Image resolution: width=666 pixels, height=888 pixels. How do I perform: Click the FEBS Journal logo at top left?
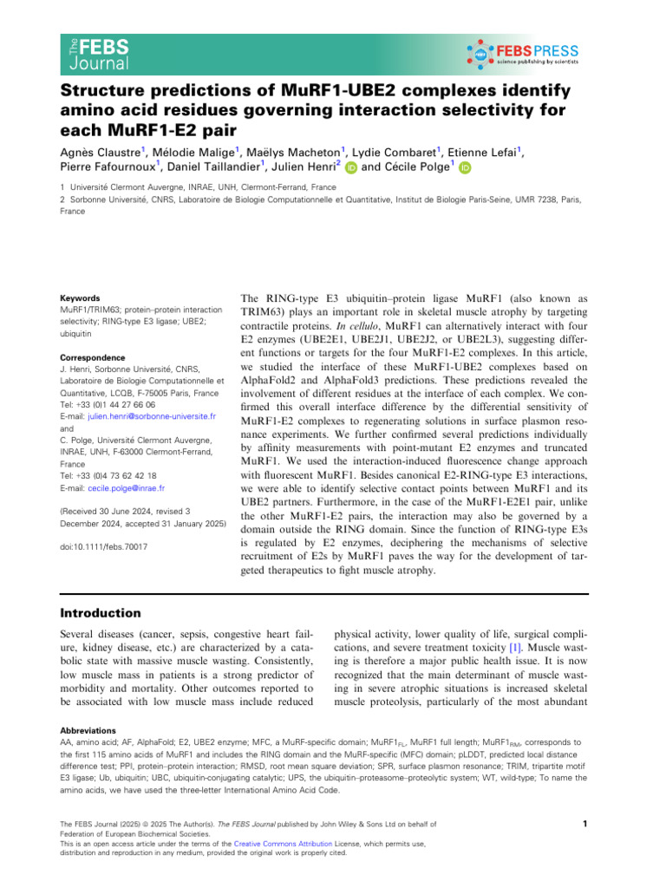point(98,54)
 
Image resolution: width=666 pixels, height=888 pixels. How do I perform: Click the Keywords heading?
point(79,297)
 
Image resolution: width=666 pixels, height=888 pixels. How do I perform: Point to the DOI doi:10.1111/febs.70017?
point(103,547)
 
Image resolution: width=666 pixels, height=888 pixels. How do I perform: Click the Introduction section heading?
point(100,613)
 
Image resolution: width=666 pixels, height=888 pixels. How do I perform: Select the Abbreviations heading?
point(87,730)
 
